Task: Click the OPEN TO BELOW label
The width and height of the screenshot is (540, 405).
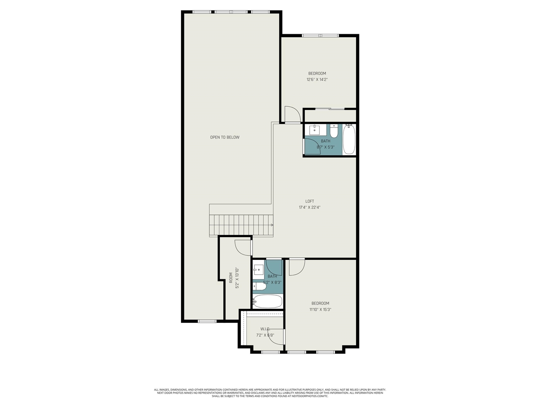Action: (x=224, y=137)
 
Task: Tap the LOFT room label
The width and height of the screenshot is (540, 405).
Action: (x=310, y=201)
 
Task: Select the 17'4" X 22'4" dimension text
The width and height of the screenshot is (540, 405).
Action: (x=310, y=208)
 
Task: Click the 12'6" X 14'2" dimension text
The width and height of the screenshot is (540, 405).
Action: (x=317, y=79)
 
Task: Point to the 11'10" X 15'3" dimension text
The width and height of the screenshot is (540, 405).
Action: (x=320, y=309)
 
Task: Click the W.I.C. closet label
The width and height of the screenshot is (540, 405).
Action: (x=265, y=329)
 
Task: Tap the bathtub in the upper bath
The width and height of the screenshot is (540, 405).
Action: (x=349, y=139)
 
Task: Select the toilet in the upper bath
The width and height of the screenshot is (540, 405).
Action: (x=334, y=132)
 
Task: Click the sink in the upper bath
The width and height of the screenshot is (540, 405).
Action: (x=315, y=129)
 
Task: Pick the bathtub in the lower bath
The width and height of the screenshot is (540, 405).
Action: (x=267, y=301)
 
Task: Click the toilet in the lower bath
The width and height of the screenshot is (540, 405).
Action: (x=259, y=286)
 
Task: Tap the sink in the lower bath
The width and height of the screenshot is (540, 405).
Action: (x=258, y=268)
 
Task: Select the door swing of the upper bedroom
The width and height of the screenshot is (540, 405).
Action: (x=292, y=114)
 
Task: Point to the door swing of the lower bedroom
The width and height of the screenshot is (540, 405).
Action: (x=297, y=267)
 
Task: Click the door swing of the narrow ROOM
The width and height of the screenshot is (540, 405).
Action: (x=243, y=248)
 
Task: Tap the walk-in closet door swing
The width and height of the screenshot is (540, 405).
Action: (x=276, y=337)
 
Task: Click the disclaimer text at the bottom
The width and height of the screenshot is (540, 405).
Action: (x=270, y=393)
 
